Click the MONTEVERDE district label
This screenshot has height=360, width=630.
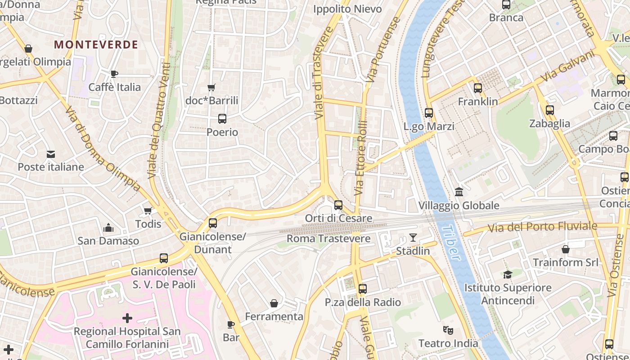(x=96, y=45)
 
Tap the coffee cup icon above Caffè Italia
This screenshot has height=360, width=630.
(x=114, y=74)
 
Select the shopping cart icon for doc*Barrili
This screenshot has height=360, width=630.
(x=211, y=87)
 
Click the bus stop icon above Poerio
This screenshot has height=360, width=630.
(x=222, y=119)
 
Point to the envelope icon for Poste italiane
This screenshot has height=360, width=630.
(x=51, y=154)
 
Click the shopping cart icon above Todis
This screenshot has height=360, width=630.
(x=148, y=211)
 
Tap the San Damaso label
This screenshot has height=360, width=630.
(x=108, y=241)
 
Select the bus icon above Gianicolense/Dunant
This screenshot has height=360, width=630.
(x=212, y=223)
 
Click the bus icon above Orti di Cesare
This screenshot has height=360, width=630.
(x=338, y=205)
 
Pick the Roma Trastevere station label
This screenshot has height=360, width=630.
(x=328, y=238)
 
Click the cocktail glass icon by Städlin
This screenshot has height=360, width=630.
(x=413, y=238)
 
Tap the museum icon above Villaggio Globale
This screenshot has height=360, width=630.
(x=459, y=192)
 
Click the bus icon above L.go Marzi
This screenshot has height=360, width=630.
(x=429, y=113)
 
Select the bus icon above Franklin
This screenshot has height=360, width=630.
(x=478, y=88)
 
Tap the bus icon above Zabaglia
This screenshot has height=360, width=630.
(x=549, y=110)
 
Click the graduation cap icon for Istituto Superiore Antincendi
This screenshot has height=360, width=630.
(x=508, y=274)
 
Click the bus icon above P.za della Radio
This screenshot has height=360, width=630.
(x=363, y=289)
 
